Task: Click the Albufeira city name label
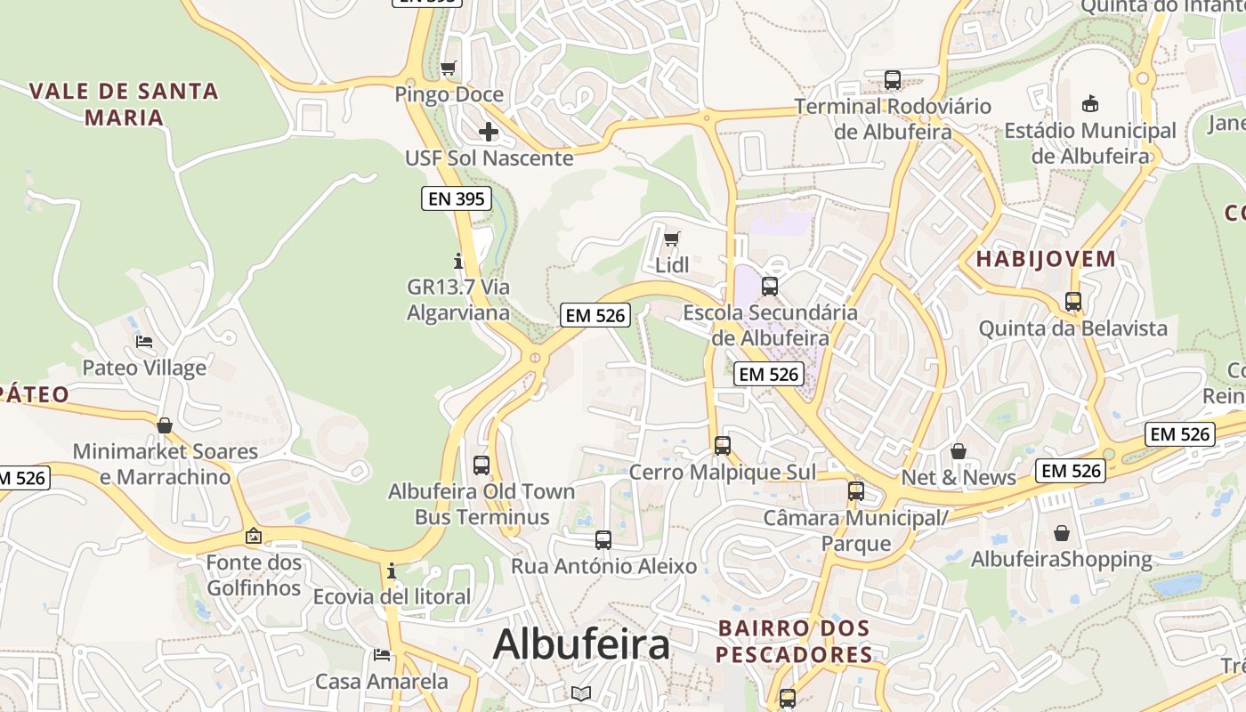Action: tap(580, 643)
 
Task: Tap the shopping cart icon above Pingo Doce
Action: tap(449, 68)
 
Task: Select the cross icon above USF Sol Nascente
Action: tap(488, 132)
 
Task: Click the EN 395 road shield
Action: tap(457, 198)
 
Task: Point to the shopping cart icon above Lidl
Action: tap(672, 239)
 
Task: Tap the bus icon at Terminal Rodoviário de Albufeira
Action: tap(893, 80)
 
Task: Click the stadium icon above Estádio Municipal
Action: tap(1089, 104)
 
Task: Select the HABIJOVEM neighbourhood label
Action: tap(1046, 259)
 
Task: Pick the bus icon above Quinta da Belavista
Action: tap(1073, 302)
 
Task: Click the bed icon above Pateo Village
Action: tap(144, 342)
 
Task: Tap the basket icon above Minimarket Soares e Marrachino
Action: tap(165, 425)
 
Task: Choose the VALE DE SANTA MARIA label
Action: tap(124, 103)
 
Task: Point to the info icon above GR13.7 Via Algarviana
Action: tap(458, 261)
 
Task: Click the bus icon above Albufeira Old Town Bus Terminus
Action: tap(481, 465)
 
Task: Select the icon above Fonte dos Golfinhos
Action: tap(254, 536)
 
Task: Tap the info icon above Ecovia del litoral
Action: tap(391, 570)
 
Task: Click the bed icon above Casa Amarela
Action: tap(382, 655)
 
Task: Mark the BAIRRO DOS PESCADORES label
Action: tap(794, 641)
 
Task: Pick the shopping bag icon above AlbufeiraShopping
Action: tap(1061, 533)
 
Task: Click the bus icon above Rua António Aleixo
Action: tap(603, 539)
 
